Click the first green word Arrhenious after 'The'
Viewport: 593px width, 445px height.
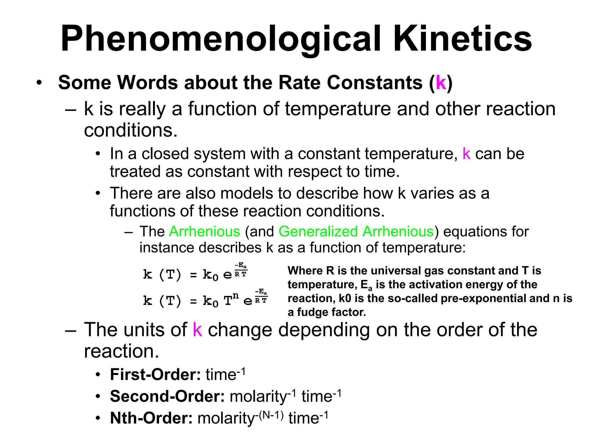[204, 231]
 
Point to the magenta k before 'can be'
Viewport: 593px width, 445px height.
[466, 154]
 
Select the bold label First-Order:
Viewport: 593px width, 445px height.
[155, 374]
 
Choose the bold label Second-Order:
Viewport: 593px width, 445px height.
[167, 396]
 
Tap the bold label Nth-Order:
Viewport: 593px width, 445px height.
[151, 418]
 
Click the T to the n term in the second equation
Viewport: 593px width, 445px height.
[231, 299]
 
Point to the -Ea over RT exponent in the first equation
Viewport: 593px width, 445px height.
[241, 269]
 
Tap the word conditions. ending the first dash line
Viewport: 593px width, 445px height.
[131, 130]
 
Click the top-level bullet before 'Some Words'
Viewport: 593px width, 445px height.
[39, 83]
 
